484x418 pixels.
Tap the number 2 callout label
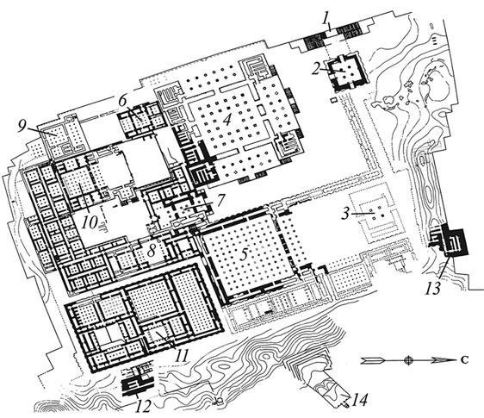(316, 69)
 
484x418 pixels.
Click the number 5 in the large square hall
(245, 254)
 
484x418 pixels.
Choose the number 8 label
(151, 252)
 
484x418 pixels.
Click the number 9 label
(22, 127)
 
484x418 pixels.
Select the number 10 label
(90, 221)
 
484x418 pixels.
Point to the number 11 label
(182, 356)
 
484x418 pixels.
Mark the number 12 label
(143, 405)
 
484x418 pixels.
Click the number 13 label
(432, 289)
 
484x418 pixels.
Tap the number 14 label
(360, 401)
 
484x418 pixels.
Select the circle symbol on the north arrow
(408, 360)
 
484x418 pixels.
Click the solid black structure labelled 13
(453, 241)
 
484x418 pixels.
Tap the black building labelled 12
(138, 381)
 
